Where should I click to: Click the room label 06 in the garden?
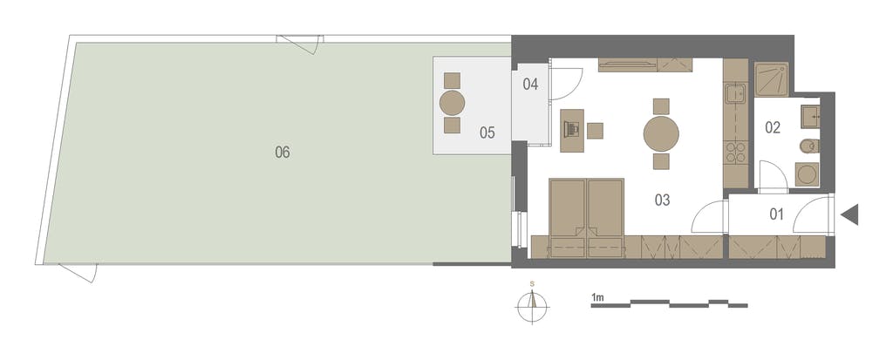283,152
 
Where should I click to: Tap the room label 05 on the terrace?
487,132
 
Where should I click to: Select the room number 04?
530,85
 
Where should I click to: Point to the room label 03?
662,200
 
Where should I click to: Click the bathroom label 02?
773,127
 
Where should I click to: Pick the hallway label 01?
776,214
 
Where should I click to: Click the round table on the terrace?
453,103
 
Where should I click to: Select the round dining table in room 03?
661,134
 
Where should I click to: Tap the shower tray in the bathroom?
772,79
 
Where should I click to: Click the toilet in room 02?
809,147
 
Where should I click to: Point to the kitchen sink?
736,93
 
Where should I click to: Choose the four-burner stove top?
735,153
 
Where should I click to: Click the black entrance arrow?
849,214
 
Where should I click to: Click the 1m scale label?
597,298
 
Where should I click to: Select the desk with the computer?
572,131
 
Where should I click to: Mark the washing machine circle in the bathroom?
807,174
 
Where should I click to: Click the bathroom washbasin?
810,116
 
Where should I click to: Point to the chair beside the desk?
595,131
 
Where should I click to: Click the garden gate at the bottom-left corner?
78,273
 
